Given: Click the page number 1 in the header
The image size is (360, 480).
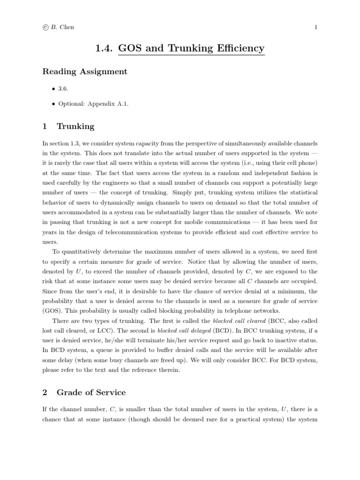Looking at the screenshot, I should click(x=316, y=27).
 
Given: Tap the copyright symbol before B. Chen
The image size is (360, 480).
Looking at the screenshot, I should click(x=45, y=27).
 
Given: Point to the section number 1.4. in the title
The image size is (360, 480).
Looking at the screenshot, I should click(x=104, y=48).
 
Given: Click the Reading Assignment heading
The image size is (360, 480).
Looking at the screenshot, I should click(x=85, y=72).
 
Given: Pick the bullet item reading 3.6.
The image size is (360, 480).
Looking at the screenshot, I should click(x=63, y=89).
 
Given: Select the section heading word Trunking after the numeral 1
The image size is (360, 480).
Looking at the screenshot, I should click(x=75, y=126).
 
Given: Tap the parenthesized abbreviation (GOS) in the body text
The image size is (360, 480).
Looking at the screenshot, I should click(x=51, y=311).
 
